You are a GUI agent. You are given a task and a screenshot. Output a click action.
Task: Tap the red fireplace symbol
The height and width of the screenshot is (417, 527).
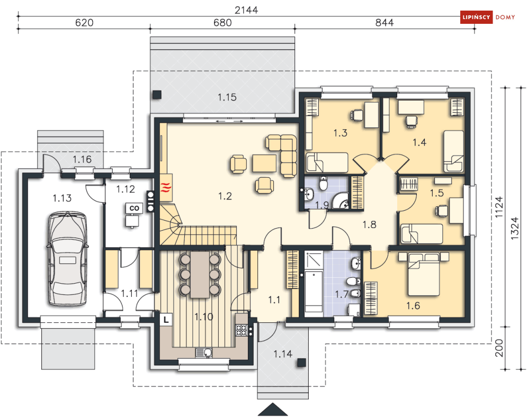pos(166,188)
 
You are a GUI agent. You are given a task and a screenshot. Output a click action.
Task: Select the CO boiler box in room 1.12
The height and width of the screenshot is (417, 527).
pos(134,208)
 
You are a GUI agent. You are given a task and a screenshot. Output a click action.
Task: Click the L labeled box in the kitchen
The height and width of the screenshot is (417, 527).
pos(166,320)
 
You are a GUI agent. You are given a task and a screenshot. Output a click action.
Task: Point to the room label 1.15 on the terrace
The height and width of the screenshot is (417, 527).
pos(227,97)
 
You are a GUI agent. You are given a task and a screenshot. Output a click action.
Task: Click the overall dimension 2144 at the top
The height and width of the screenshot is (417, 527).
pos(246,10)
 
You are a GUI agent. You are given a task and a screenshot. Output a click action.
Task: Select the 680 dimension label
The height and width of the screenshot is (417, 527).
pos(222,23)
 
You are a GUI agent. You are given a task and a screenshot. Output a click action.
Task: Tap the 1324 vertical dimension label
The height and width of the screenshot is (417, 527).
pos(514,228)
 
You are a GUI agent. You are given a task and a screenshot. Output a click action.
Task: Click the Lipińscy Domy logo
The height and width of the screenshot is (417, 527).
pos(488,17)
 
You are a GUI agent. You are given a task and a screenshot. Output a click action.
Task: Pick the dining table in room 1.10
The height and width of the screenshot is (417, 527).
pos(200,274)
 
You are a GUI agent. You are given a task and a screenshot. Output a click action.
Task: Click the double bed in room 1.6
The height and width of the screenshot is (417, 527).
pos(424,274)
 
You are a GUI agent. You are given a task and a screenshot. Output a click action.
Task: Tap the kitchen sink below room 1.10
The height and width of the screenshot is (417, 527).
pos(204,352)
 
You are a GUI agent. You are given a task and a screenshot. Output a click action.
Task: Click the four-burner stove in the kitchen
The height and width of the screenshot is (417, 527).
pos(242,330)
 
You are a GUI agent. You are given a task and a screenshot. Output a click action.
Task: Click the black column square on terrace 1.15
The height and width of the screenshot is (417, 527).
pos(157,95)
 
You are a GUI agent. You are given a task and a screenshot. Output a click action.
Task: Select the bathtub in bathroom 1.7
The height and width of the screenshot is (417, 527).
pos(314,292)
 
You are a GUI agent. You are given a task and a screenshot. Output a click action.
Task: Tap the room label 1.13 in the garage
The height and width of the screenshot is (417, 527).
pos(62,198)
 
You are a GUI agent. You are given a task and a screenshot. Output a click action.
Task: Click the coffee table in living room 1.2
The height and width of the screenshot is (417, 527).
pos(264,163)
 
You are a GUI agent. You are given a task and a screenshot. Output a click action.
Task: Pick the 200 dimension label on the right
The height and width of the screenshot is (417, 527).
pos(499,348)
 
